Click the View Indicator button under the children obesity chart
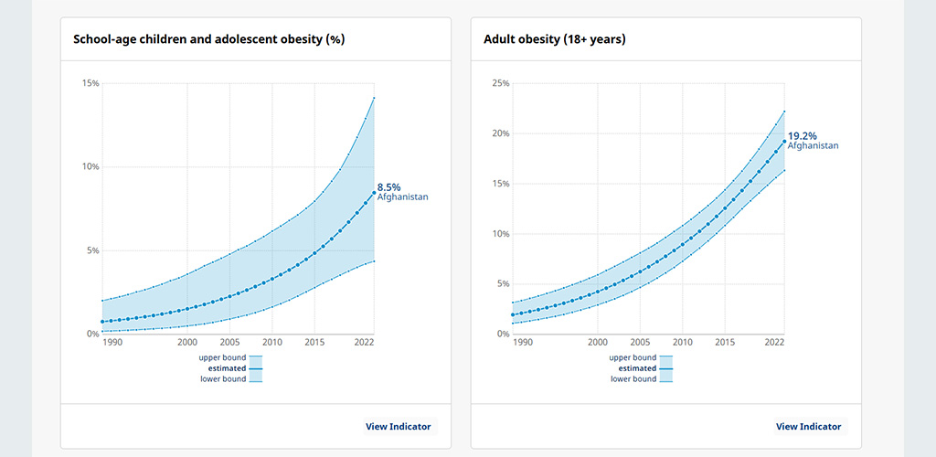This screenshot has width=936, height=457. point(399,427)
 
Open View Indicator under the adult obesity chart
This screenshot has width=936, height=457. point(808,427)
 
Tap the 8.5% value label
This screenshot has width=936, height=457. point(388,187)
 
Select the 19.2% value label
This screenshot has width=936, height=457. point(803,135)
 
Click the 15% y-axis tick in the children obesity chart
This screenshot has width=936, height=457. point(90,83)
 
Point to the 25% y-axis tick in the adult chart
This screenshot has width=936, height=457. point(501,83)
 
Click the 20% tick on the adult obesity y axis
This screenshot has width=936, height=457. point(501,133)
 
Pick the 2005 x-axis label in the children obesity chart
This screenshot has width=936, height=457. point(229,343)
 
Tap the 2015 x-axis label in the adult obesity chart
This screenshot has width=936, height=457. point(725,343)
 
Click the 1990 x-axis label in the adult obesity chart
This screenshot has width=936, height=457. point(522,343)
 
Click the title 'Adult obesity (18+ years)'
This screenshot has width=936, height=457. point(555,39)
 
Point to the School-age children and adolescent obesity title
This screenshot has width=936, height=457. point(209,39)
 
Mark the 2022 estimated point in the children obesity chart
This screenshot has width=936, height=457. point(374,192)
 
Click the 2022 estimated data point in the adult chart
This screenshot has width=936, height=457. point(783,142)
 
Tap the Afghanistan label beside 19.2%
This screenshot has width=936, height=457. point(813,145)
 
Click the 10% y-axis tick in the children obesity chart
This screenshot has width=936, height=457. point(90,166)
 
